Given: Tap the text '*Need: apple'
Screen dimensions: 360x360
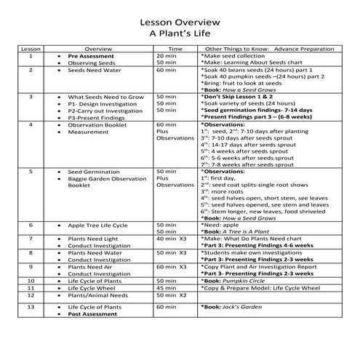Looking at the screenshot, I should [x=224, y=225].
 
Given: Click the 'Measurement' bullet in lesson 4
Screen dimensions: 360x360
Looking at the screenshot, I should [x=89, y=132].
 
